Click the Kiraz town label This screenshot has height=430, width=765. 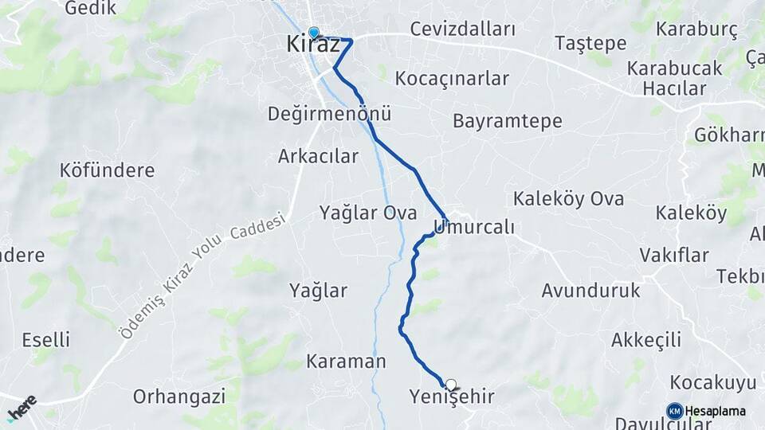tap(312, 45)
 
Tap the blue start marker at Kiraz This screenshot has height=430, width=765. tap(314, 33)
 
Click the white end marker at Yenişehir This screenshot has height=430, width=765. tap(451, 385)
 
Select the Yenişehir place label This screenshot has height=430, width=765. tap(451, 397)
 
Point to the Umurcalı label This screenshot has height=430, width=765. tap(475, 227)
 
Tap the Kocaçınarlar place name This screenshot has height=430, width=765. tap(452, 79)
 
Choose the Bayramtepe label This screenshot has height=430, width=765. tap(507, 121)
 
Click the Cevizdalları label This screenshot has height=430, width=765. tap(462, 29)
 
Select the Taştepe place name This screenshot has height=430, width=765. tap(590, 42)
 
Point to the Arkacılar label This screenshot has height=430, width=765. tap(318, 156)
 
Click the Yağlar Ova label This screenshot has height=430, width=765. tap(368, 213)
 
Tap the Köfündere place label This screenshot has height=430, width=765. tap(107, 170)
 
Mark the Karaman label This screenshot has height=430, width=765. tap(346, 362)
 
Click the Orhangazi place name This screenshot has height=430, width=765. tap(179, 396)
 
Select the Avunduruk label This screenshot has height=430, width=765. tap(590, 291)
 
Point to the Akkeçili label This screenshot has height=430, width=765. tap(645, 340)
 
